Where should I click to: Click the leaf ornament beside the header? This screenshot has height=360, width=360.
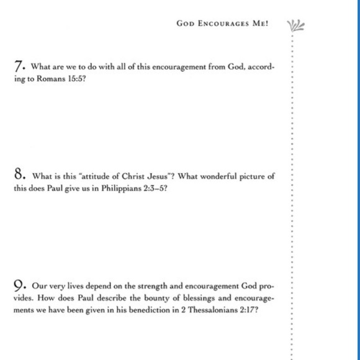pos(295,25)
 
